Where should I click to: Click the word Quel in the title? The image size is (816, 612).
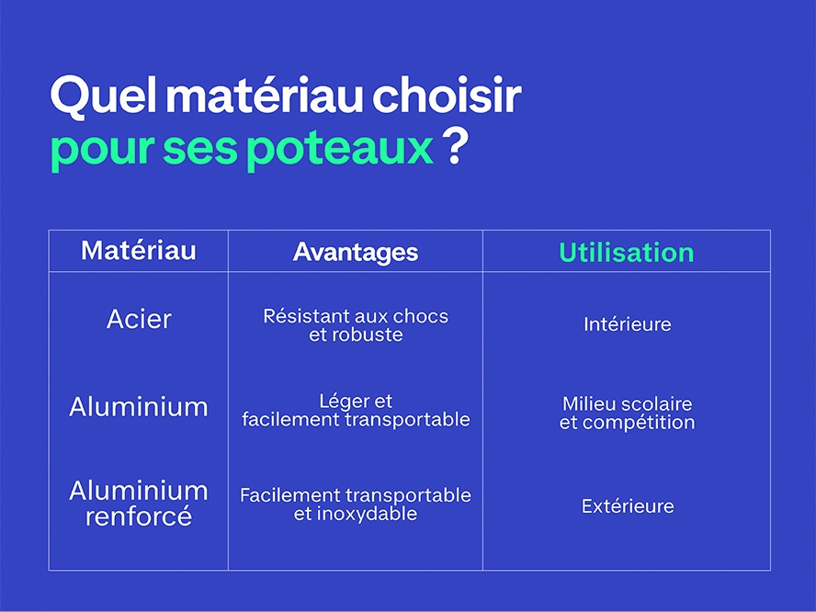click(104, 96)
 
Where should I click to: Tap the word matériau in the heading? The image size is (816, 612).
click(264, 95)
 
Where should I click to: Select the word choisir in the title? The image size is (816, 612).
click(447, 95)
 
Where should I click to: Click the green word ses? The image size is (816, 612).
click(200, 150)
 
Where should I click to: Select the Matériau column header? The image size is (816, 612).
click(139, 250)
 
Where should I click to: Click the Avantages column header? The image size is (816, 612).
click(356, 253)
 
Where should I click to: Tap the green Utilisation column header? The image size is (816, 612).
click(626, 253)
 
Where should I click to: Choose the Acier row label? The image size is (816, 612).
click(139, 319)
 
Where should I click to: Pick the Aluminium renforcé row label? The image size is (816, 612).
click(139, 504)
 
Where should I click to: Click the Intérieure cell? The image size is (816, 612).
click(627, 324)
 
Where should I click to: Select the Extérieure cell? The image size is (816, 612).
click(628, 505)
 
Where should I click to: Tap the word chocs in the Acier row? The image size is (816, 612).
click(421, 316)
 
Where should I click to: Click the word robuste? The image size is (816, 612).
click(371, 334)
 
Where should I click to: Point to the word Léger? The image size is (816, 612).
click(340, 402)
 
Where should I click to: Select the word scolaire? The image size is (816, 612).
click(656, 403)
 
